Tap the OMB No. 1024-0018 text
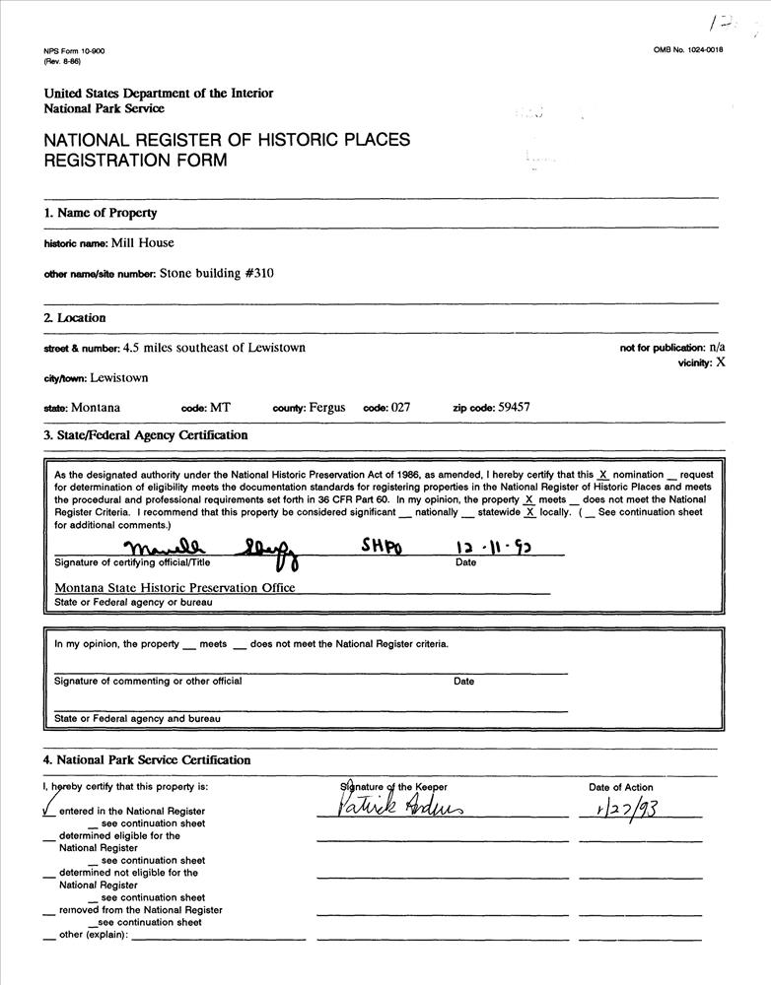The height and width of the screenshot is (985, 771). [687, 50]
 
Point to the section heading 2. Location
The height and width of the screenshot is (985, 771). [74, 318]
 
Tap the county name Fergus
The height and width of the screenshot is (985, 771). [327, 407]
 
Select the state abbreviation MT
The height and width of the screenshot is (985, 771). [220, 407]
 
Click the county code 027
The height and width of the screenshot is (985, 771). [400, 407]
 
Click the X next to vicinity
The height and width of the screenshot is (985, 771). [721, 361]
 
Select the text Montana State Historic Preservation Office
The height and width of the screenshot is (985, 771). [175, 587]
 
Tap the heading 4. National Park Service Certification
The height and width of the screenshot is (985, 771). [147, 760]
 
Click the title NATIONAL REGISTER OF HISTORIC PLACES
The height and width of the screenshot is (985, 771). [227, 140]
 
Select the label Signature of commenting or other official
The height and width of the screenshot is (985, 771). [148, 681]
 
